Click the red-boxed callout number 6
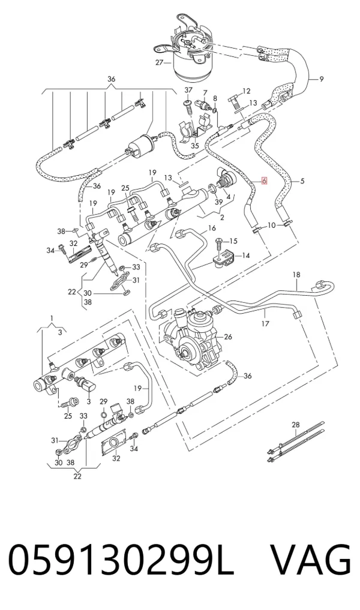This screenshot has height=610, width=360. [264, 181]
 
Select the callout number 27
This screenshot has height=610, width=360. [159, 62]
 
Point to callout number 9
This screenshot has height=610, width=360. [322, 79]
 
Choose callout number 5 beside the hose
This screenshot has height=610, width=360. [302, 181]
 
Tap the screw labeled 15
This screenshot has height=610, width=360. [219, 244]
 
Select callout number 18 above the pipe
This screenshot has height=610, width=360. [296, 275]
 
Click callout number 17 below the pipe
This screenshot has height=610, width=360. [265, 323]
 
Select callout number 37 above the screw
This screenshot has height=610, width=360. [188, 90]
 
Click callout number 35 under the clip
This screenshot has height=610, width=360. [195, 146]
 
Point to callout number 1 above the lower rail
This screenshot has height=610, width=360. [52, 319]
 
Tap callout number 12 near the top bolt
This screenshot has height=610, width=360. [246, 91]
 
